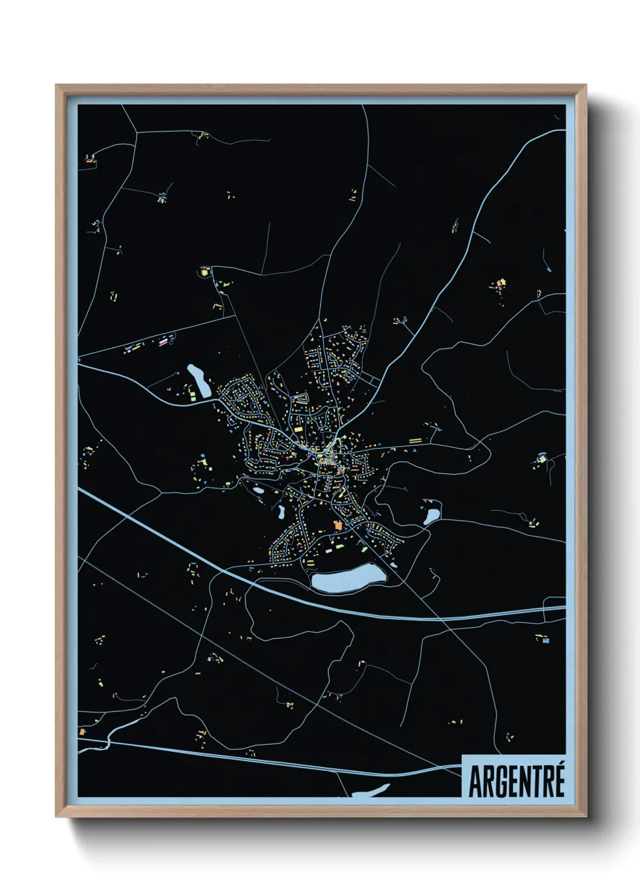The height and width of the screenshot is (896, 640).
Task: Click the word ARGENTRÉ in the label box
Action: tap(517, 782)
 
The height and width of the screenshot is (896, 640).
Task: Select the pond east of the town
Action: tap(432, 516)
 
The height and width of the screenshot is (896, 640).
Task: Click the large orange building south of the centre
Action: tap(337, 525)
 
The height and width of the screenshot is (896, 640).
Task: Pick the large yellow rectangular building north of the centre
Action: tap(204, 273)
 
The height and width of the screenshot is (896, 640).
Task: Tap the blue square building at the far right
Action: tap(546, 639)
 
